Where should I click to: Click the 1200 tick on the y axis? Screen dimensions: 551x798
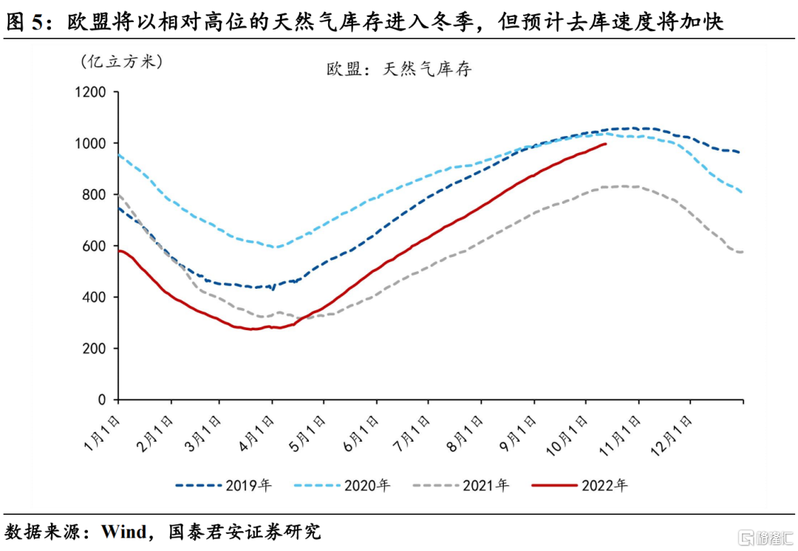(x=91, y=92)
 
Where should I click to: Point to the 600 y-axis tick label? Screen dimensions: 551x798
(x=95, y=246)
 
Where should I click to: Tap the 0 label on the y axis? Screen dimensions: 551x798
(x=103, y=400)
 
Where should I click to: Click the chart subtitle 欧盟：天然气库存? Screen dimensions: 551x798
(x=399, y=69)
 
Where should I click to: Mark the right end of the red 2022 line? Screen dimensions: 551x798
(x=606, y=144)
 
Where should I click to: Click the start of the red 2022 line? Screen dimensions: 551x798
(x=118, y=251)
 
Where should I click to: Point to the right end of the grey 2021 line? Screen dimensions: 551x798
(x=742, y=252)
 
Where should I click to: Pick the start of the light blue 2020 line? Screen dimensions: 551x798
(x=118, y=155)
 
